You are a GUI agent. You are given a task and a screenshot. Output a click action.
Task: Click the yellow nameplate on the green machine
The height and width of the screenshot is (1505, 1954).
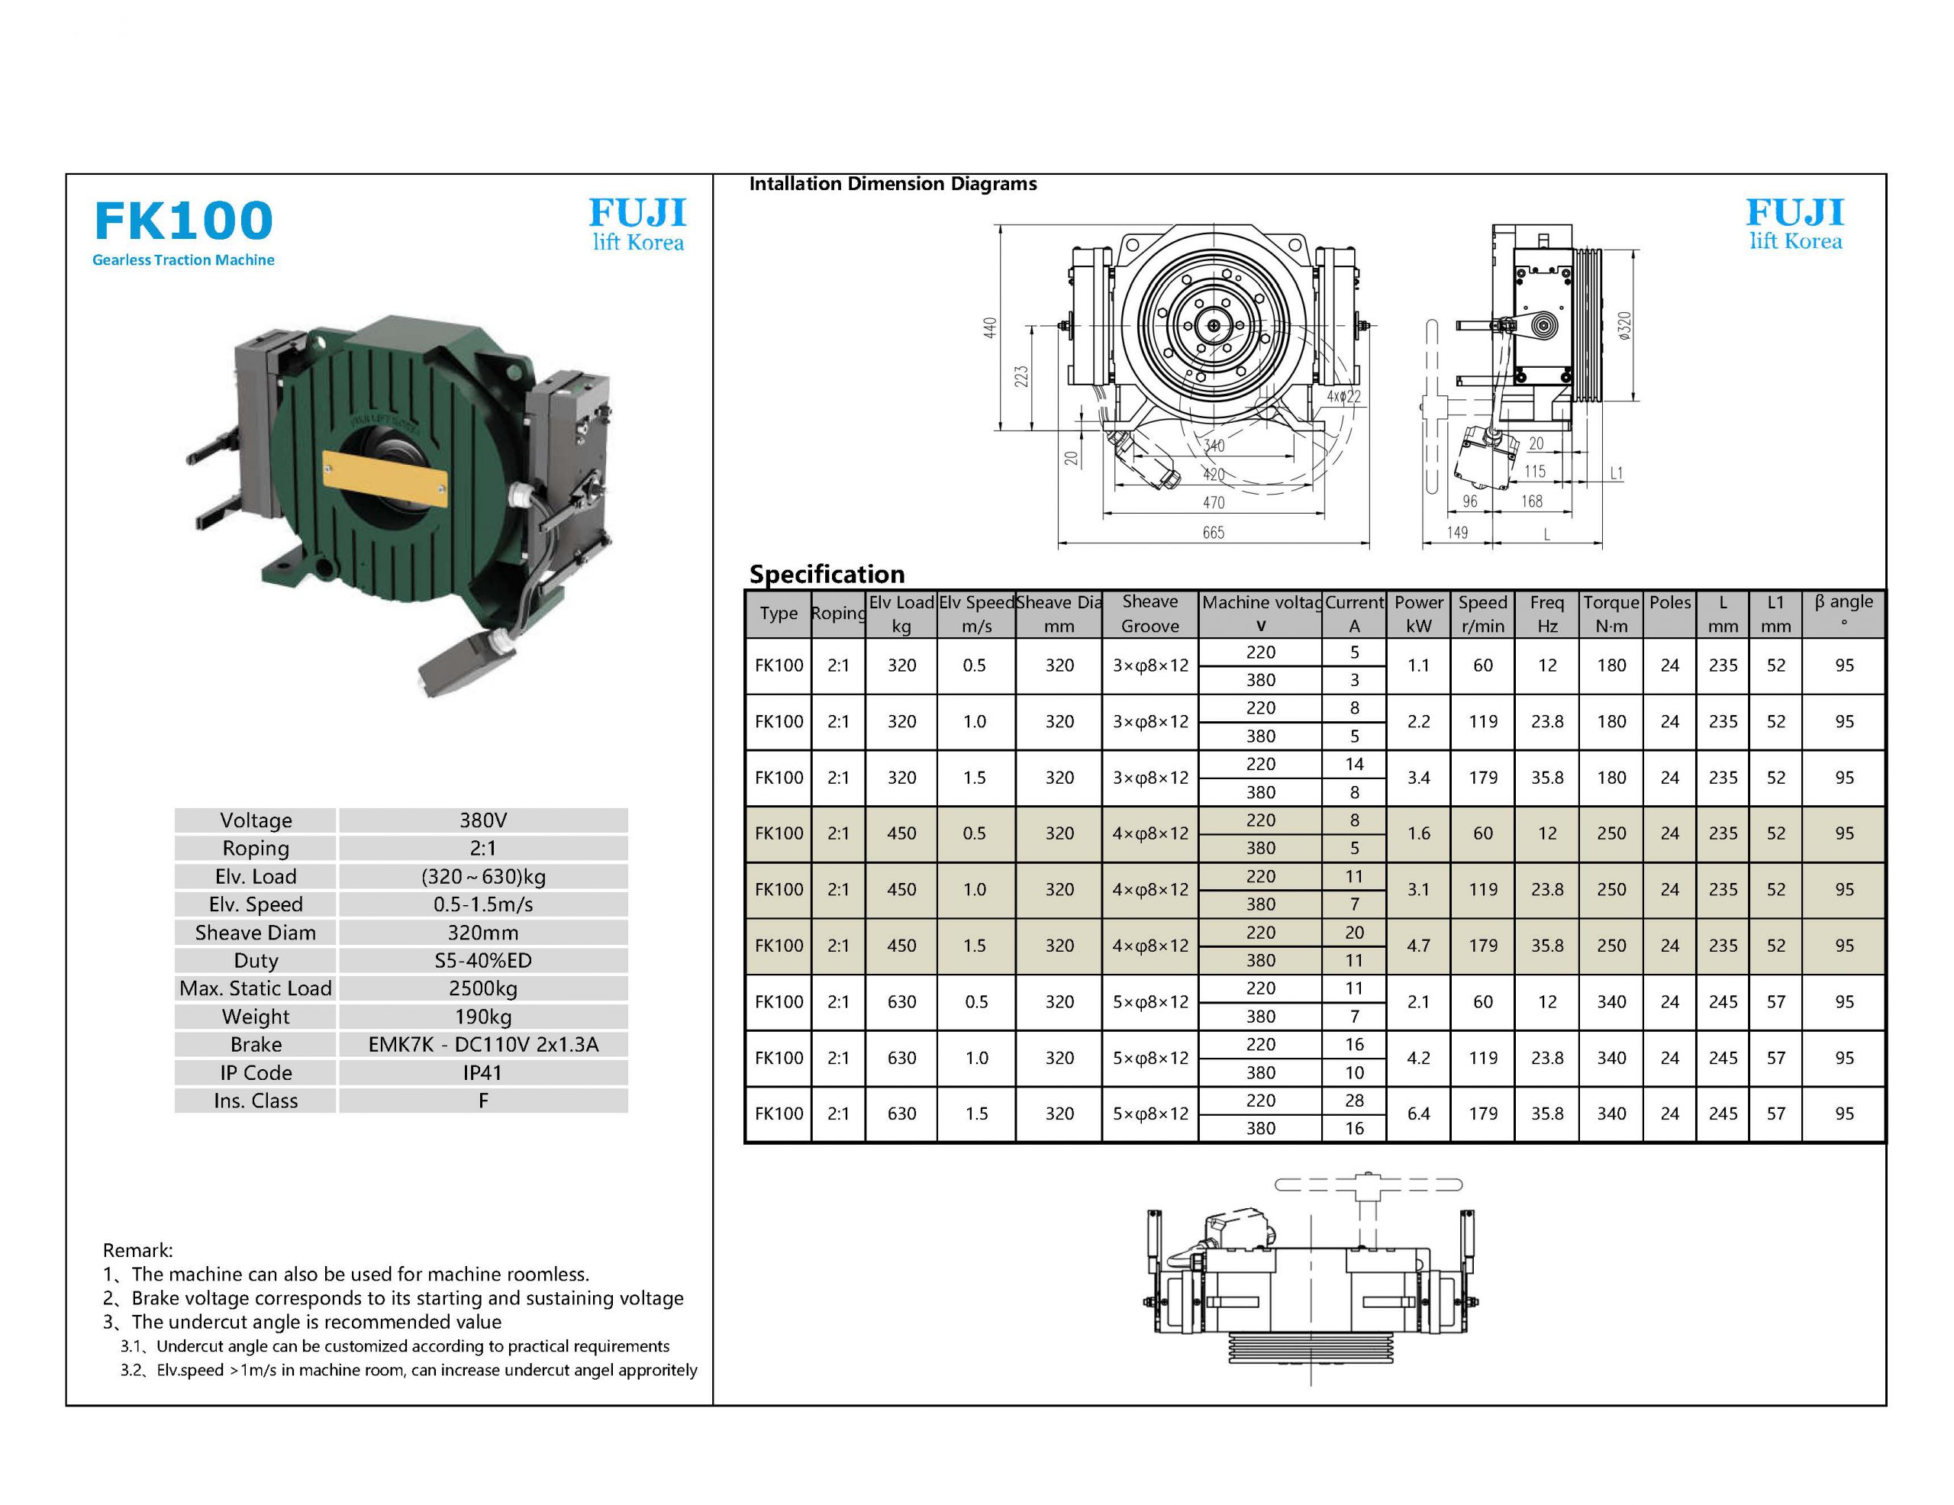[384, 479]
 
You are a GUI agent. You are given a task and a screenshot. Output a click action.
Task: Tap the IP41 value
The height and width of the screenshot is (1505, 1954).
[483, 1073]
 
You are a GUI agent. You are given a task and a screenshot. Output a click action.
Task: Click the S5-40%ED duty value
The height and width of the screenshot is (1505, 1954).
[483, 961]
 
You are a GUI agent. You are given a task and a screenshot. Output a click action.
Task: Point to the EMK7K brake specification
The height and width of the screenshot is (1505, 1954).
[483, 1045]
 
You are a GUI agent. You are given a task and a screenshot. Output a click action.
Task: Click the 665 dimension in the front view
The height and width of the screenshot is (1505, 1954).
[1213, 533]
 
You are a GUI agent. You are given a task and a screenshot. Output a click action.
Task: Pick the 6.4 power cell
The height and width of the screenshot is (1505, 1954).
[1418, 1114]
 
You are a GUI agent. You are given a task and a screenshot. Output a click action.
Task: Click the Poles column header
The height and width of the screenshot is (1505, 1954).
[1669, 603]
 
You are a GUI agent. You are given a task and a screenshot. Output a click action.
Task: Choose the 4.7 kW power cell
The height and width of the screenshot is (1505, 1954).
[1418, 946]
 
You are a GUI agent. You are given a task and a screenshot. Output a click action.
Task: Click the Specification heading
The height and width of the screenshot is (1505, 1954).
[827, 574]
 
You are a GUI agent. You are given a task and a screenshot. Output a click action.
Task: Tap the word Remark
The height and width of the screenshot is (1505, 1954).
[137, 1250]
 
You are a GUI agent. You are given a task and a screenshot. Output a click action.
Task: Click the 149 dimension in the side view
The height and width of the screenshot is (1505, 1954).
[1457, 533]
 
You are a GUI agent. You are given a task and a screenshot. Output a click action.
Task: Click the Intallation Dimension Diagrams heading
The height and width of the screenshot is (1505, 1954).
[893, 183]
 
